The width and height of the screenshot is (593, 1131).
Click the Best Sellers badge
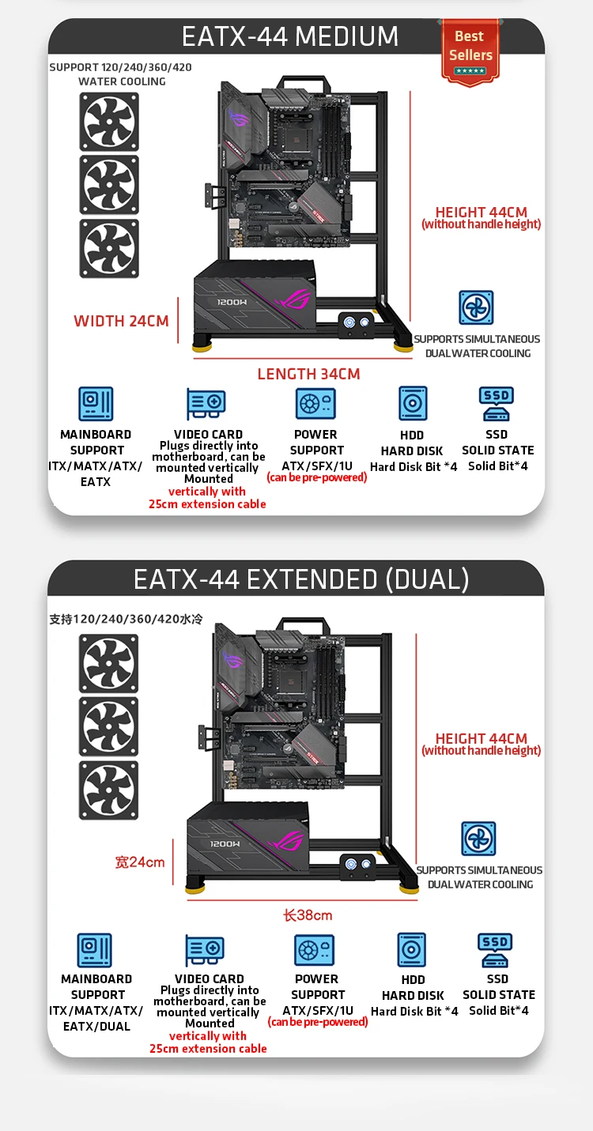click(470, 50)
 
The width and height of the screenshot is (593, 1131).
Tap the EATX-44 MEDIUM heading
click(290, 36)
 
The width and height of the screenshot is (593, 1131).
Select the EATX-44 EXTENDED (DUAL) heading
click(301, 579)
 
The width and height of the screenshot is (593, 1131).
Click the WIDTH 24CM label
click(121, 321)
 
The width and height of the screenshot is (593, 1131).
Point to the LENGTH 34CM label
click(308, 374)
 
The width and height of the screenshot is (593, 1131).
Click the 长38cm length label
click(308, 915)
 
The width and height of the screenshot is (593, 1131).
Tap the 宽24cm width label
click(140, 861)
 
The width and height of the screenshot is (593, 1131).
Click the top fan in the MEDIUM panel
click(109, 123)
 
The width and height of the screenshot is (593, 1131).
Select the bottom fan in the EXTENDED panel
click(109, 790)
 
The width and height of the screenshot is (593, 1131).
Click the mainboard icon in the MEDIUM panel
click(96, 404)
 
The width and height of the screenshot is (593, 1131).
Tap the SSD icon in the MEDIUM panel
click(497, 403)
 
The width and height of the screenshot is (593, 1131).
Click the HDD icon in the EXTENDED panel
click(412, 951)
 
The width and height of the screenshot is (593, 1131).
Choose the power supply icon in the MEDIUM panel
click(315, 404)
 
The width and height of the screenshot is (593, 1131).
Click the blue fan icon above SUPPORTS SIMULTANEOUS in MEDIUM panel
click(477, 308)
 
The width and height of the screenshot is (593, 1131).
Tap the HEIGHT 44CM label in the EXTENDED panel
click(481, 738)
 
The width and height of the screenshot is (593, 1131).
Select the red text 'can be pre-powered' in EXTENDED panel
click(318, 1022)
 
